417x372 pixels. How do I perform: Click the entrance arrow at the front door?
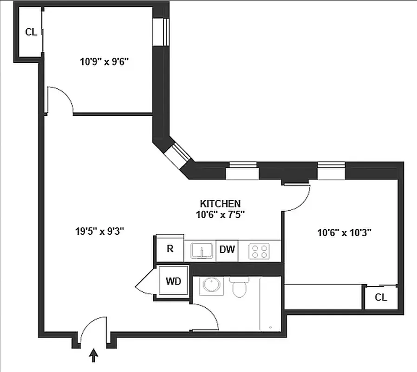pyautogui.click(x=94, y=356)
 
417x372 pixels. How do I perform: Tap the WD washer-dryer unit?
pyautogui.click(x=173, y=281)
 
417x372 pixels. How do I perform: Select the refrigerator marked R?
pyautogui.click(x=170, y=249)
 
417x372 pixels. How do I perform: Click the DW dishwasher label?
pyautogui.click(x=227, y=249)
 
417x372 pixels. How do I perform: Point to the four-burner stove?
pyautogui.click(x=259, y=251)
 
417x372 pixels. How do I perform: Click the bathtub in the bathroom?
pyautogui.click(x=270, y=305)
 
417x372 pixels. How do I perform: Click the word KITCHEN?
pyautogui.click(x=220, y=204)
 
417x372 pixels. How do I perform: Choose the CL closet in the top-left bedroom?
pyautogui.click(x=31, y=32)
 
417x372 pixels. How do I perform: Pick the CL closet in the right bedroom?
pyautogui.click(x=381, y=298)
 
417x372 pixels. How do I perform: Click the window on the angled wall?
pyautogui.click(x=177, y=155)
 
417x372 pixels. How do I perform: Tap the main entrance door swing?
pyautogui.click(x=93, y=328)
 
